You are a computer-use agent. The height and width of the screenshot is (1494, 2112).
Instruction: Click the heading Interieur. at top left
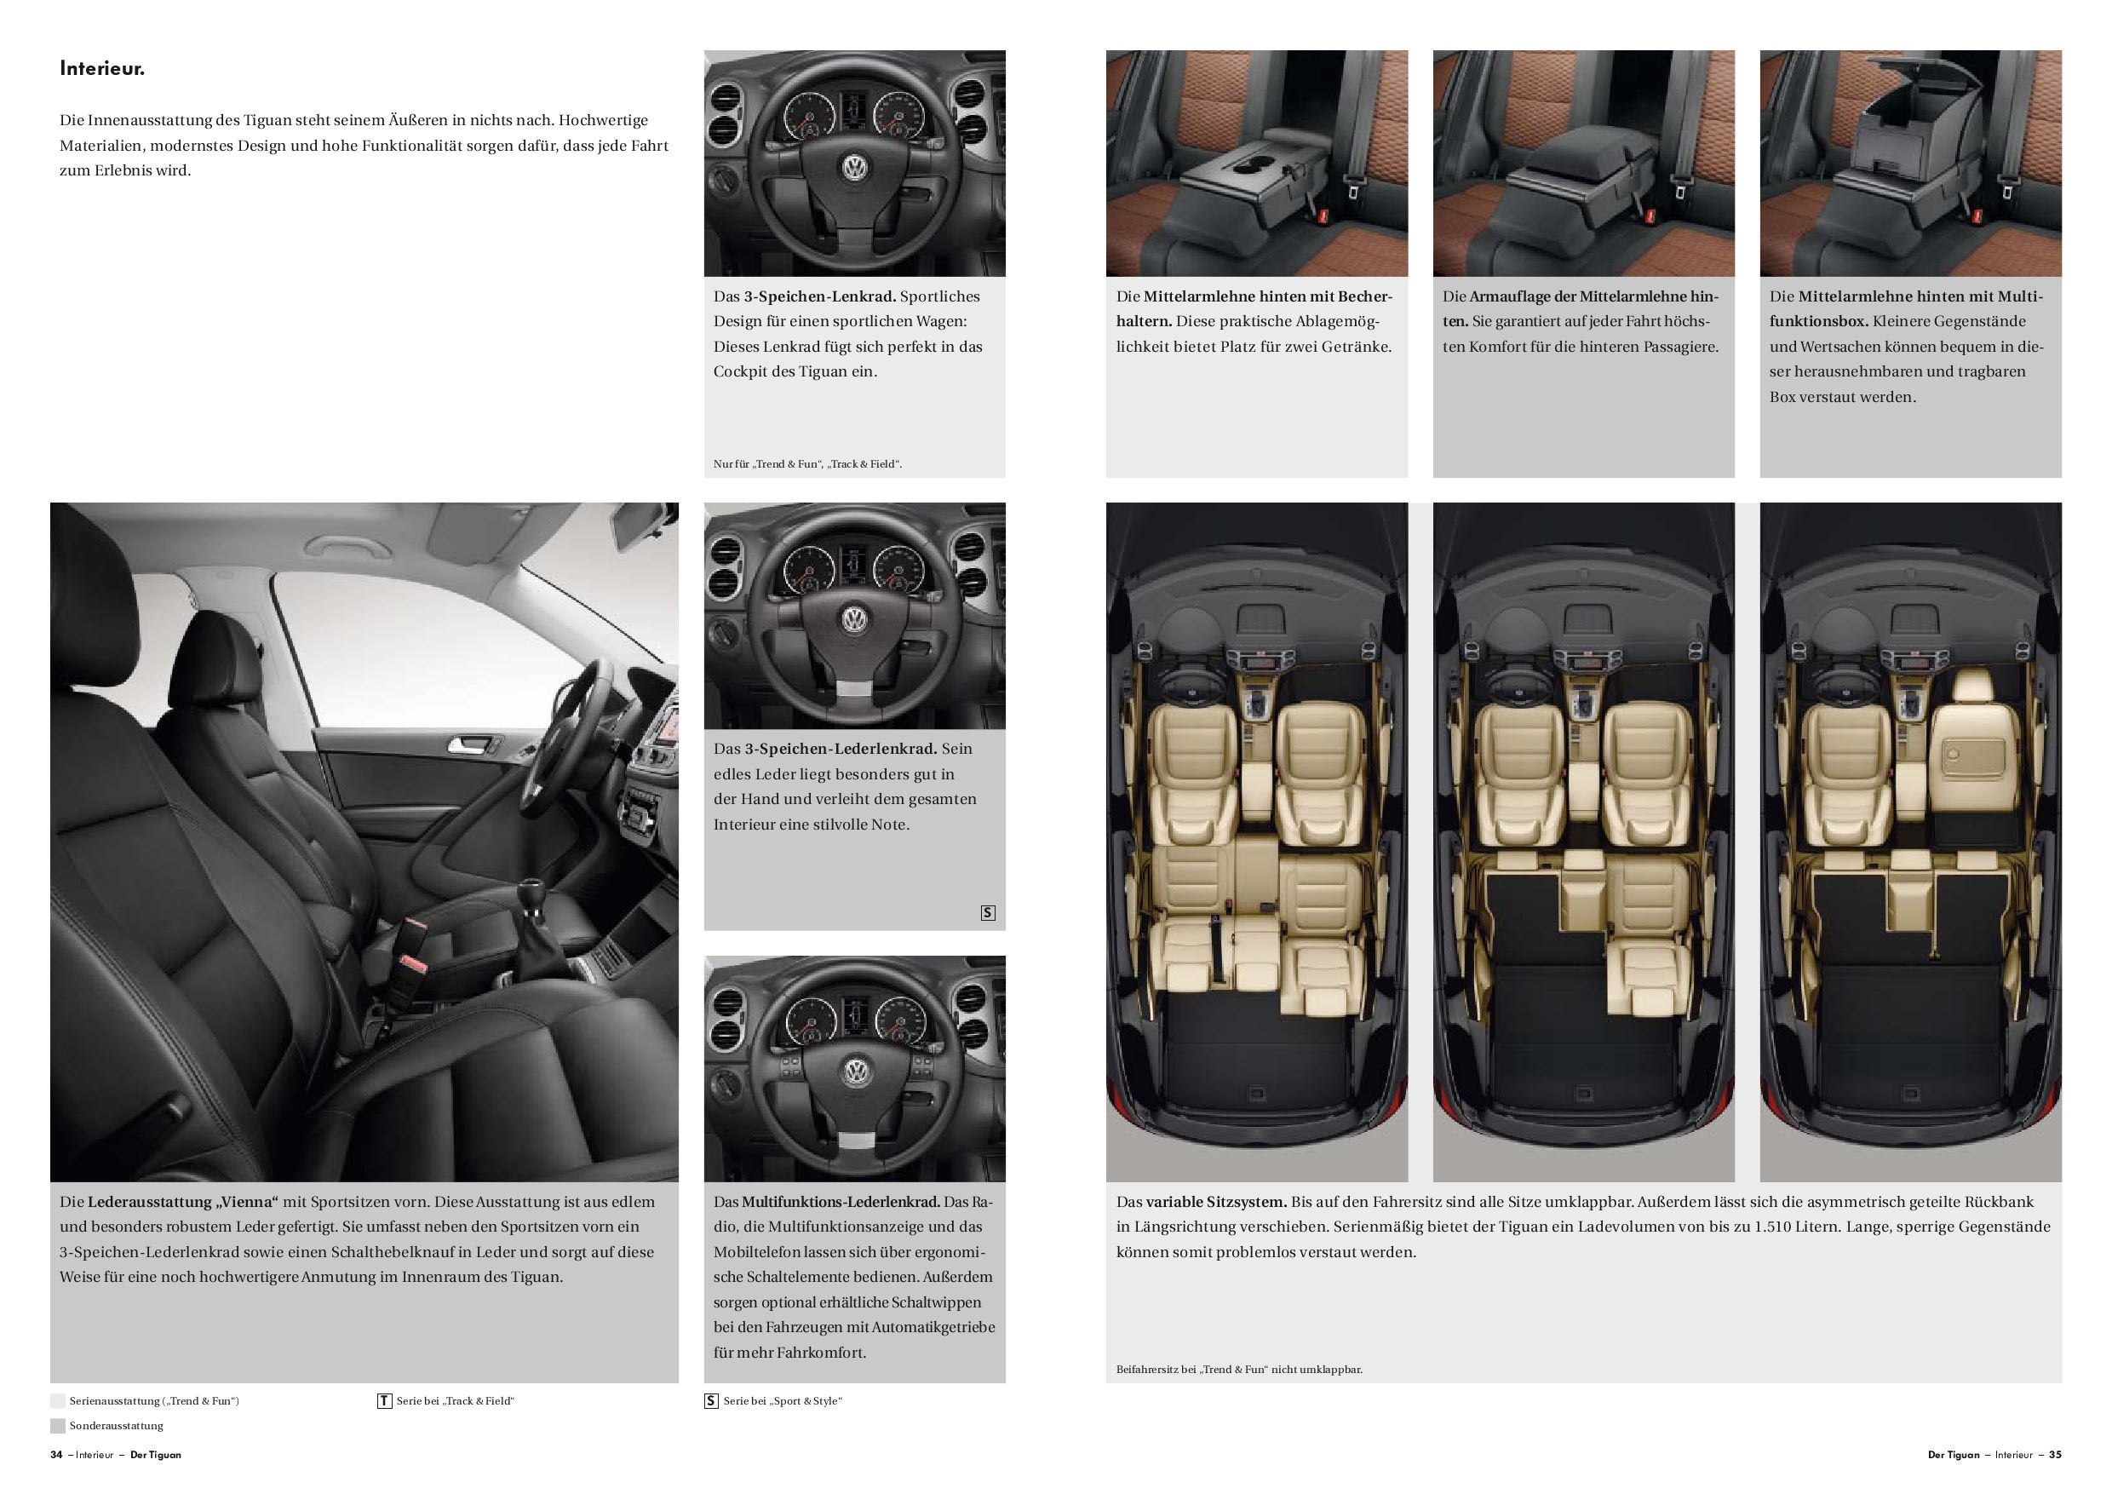click(x=102, y=68)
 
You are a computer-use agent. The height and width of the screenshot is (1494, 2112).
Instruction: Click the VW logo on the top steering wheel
click(x=854, y=169)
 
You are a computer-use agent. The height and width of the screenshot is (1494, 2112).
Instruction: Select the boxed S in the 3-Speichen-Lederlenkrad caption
click(x=988, y=913)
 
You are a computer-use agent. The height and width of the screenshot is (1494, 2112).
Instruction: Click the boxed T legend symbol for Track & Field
click(x=384, y=1401)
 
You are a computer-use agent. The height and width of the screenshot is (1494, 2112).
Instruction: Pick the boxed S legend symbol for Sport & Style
click(x=711, y=1401)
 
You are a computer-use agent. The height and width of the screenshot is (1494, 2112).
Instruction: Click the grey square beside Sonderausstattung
click(x=58, y=1426)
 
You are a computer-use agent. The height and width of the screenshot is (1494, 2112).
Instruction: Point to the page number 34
click(x=57, y=1456)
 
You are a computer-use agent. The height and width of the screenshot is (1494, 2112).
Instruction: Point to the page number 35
click(x=2055, y=1456)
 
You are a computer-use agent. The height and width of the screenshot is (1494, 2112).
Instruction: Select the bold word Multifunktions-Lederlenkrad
click(x=841, y=1202)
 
